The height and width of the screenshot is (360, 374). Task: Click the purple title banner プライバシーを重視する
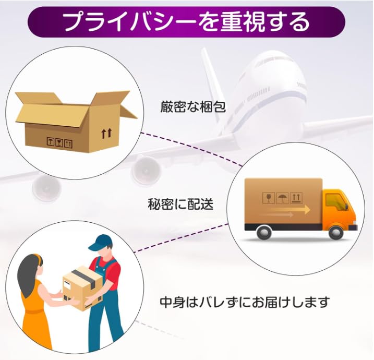[x=187, y=22]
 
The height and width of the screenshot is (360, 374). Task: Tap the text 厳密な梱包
[x=192, y=106]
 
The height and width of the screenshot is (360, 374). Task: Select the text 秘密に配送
[x=180, y=204]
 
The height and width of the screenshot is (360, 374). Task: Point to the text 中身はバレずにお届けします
[x=245, y=302]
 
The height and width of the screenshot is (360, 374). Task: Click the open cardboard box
[x=76, y=122]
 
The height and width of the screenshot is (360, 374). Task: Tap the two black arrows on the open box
[x=106, y=134]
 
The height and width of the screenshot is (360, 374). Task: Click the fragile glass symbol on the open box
[x=59, y=142]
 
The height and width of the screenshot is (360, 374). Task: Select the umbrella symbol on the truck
[x=282, y=198]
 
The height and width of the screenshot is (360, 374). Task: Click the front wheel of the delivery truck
[x=336, y=232]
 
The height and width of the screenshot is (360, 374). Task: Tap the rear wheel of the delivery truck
[x=264, y=232]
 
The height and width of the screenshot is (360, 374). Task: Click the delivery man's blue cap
[x=101, y=242]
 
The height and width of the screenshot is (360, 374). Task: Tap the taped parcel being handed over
[x=82, y=289]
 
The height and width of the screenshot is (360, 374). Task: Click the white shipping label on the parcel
[x=67, y=285]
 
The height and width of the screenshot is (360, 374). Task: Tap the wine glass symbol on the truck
[x=269, y=198]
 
